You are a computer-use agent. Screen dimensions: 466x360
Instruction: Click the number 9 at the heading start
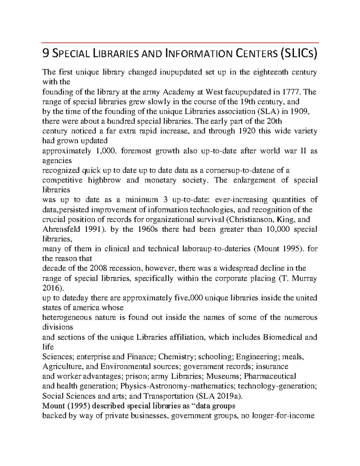pyautogui.click(x=45, y=54)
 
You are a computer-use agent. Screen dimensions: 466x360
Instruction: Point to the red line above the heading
pyautogui.click(x=180, y=43)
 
